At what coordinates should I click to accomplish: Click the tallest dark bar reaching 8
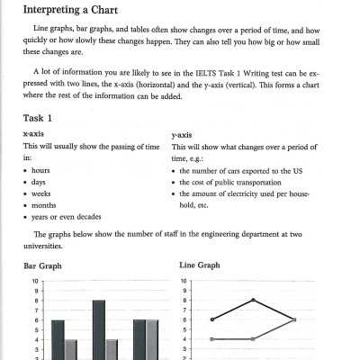(99, 329)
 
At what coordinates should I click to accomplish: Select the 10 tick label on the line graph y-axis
(184, 281)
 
